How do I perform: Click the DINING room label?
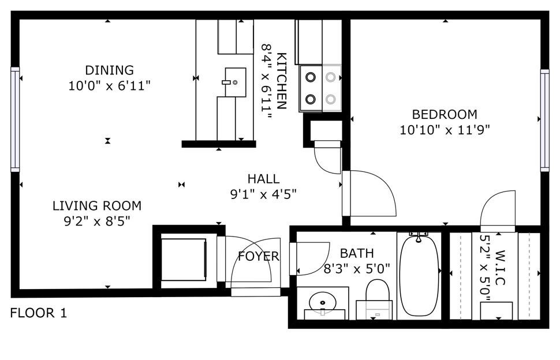[109, 70]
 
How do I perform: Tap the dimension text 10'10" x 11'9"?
[445, 129]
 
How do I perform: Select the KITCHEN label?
[281, 81]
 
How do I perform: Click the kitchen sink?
[236, 82]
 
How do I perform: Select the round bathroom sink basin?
[323, 302]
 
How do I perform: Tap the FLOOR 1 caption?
[39, 313]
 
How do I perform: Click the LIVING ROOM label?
[97, 206]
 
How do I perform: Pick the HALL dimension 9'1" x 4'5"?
[264, 194]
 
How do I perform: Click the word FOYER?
[259, 256]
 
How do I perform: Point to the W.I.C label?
[500, 268]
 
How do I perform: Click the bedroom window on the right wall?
[544, 121]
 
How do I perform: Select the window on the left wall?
[15, 119]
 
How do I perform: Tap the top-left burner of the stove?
[311, 77]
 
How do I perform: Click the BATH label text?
[357, 253]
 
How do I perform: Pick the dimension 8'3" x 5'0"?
[357, 268]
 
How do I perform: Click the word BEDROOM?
[445, 115]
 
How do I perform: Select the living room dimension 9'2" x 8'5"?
[97, 221]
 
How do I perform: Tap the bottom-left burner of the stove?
[311, 99]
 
